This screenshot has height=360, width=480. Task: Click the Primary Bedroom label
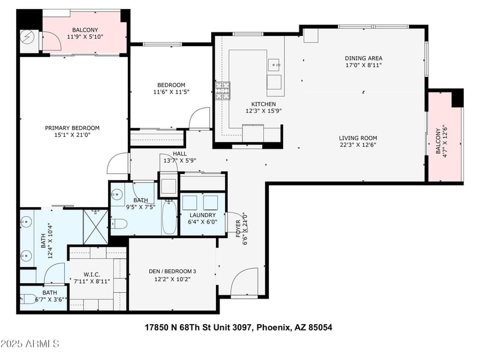point(72,128)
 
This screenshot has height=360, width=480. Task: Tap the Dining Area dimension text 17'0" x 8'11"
point(364,65)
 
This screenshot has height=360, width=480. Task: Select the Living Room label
point(358,138)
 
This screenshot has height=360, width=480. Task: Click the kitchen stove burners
point(223,91)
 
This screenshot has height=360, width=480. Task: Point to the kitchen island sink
point(274,65)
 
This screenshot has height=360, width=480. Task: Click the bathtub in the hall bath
point(169,217)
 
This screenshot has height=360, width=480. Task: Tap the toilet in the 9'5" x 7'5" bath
point(119,224)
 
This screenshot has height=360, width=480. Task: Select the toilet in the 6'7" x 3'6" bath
point(28,299)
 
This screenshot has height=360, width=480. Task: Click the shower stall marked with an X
point(96,227)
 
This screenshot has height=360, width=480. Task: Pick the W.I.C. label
point(92,275)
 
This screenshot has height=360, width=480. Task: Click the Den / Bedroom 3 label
point(172,271)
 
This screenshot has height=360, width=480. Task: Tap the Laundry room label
point(203,215)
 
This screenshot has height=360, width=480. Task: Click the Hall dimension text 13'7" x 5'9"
point(179,160)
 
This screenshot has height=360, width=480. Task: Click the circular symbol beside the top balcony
point(27,37)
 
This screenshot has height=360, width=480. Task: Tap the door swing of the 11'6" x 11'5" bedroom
point(199,118)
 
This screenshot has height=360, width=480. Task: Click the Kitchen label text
point(263,104)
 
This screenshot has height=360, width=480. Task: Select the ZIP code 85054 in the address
point(320,328)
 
